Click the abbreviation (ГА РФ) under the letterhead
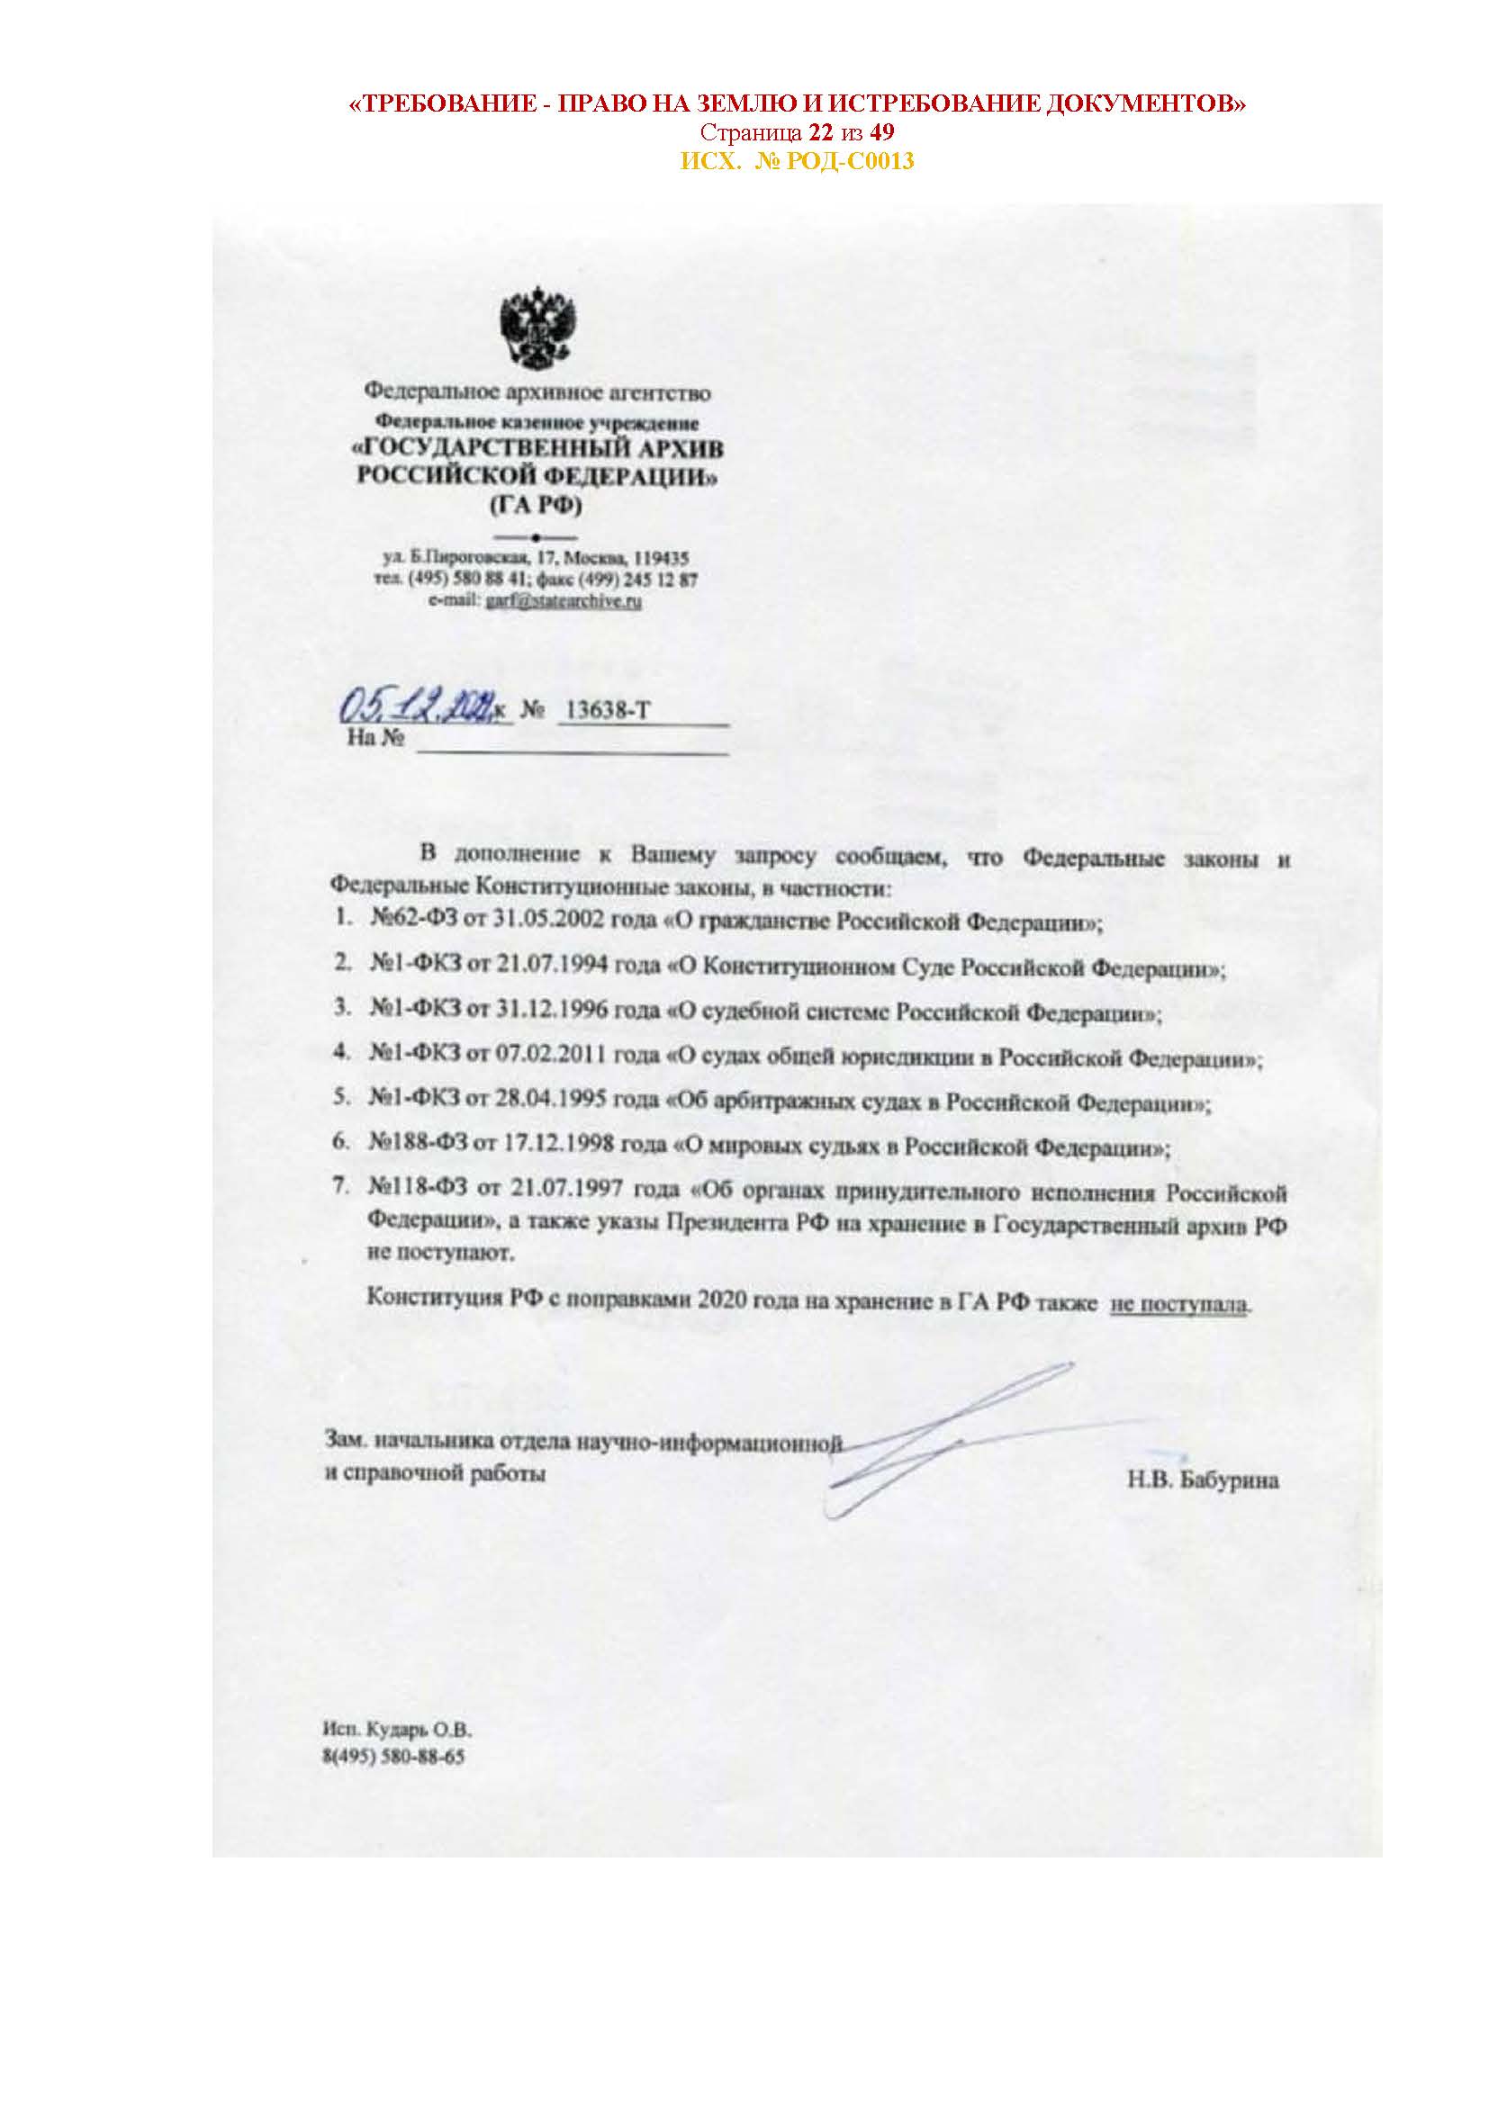click(537, 505)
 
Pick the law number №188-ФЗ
click(413, 1147)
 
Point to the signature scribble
click(944, 1442)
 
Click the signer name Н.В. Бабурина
click(1203, 1479)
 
